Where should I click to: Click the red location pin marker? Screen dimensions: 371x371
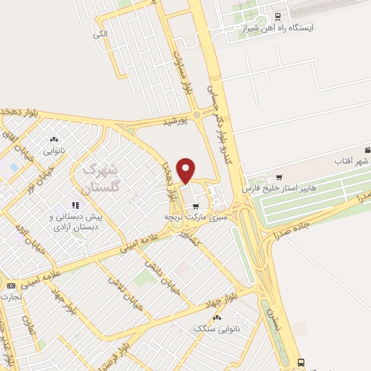point(186,170)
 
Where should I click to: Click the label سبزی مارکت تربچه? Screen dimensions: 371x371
point(195,217)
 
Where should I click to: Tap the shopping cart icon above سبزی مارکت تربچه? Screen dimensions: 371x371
point(195,206)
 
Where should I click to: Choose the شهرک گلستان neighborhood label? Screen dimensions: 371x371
point(100,178)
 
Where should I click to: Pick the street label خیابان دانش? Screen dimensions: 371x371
point(158,275)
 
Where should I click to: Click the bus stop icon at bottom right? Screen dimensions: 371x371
point(301,362)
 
